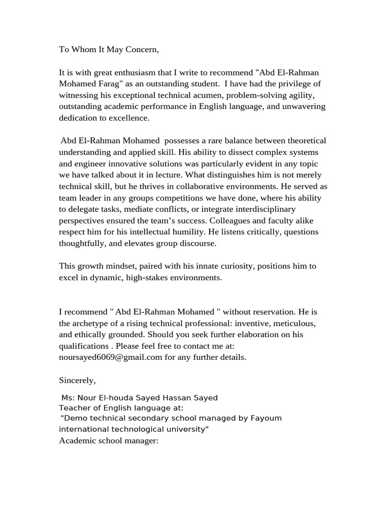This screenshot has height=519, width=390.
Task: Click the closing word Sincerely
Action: (x=77, y=380)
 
